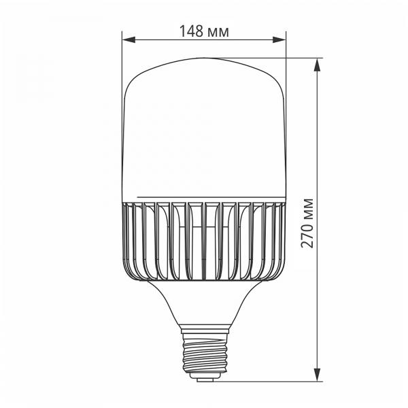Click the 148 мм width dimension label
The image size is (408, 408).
(203, 31)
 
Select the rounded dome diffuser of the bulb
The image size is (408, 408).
(204, 129)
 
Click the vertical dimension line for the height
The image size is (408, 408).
(318, 136)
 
